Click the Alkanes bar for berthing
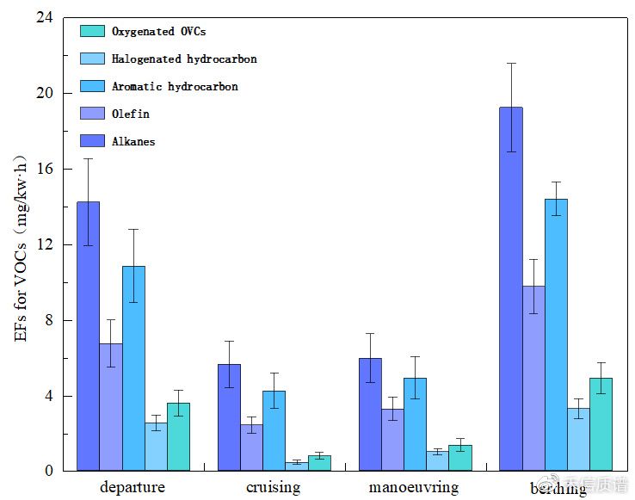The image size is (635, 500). pos(511,289)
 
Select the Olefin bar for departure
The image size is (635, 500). pos(110,407)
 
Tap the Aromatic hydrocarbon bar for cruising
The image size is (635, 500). pos(274,430)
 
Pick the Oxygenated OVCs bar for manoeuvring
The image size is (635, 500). pos(460,458)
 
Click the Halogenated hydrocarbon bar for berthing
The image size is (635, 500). pos(578,440)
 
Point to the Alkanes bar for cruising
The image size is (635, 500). pos(229,417)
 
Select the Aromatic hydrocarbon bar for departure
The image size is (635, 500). pos(133,368)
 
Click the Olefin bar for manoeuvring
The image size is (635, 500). pos(392,440)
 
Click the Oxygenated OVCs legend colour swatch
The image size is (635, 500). pos(92,31)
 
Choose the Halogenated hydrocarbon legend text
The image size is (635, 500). pos(184,59)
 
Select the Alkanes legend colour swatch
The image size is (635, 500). pos(92,140)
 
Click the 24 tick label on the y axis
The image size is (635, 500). pos(44,18)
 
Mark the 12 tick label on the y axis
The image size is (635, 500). pos(44,245)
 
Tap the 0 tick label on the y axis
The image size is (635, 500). pos(48,472)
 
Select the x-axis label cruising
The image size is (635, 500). pos(274,488)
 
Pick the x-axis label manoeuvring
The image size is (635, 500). pos(414,488)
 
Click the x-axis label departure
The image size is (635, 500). pos(133,488)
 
